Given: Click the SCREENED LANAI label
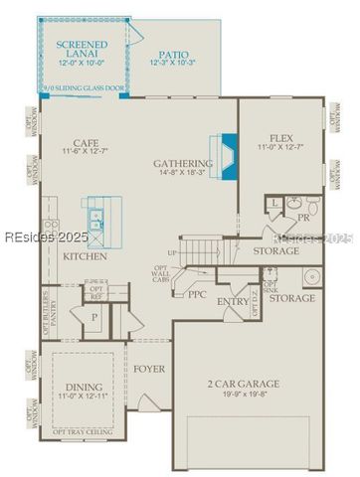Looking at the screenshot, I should click(x=82, y=50).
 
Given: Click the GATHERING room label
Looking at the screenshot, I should click(x=183, y=163).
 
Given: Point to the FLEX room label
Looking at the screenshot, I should click(x=284, y=138).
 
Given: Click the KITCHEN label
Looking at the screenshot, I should click(x=86, y=256).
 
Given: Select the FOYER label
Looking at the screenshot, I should click(x=149, y=369).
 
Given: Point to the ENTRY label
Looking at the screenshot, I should click(x=233, y=301).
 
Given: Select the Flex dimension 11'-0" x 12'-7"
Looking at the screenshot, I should click(x=284, y=149).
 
